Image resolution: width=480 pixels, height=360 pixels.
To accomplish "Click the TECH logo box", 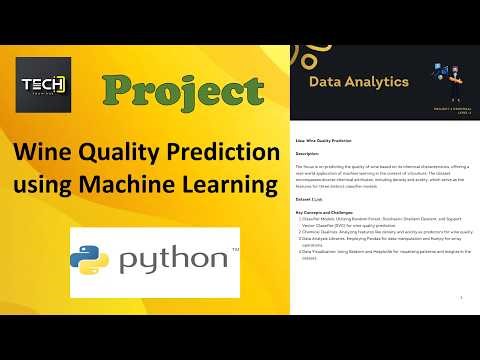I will coord(43,83).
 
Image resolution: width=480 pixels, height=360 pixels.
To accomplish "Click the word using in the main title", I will coord(50,185).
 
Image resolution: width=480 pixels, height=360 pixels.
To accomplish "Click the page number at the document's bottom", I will coord(458,297).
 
